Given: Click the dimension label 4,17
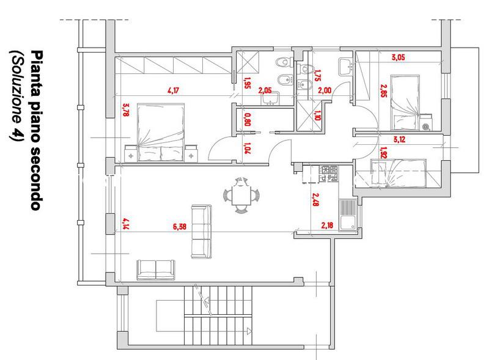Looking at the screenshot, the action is pos(174,91).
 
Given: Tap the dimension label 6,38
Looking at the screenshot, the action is pos(180,227).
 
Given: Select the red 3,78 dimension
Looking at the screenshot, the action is pos(126,110).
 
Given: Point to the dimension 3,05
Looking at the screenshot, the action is pos(399,57).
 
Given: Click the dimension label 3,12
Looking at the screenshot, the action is pos(399,139).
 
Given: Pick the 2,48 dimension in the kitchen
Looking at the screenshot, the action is pos(315,200).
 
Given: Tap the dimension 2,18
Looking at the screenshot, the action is pos(327,225).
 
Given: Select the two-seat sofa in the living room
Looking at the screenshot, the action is pos(156,270).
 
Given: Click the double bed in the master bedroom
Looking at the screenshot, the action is pos(161,133).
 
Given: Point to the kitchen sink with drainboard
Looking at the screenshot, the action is pos(348,215).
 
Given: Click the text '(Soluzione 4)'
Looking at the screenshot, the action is pos(17,96).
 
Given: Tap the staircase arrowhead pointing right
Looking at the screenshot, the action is pos(249,331).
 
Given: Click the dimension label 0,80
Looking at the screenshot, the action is pos(248,119).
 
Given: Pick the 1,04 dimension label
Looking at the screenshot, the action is pos(248,149).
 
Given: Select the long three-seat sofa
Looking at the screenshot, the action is pos(201,232).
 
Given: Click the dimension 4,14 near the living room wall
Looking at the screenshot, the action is pos(126,224).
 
